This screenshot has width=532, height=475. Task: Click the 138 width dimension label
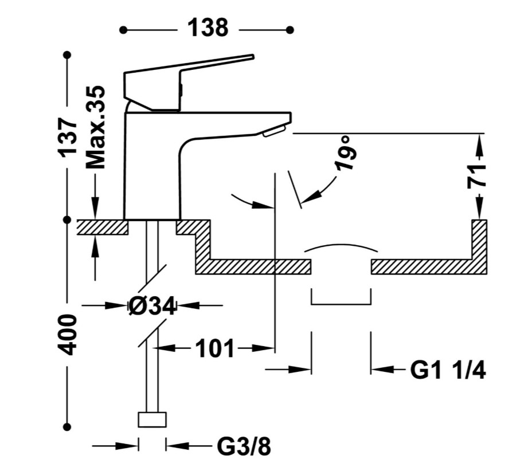[208, 28]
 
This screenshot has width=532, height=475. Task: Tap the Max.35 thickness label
[96, 127]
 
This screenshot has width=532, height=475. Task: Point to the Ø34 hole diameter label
[152, 306]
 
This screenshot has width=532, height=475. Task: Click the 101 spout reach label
[216, 348]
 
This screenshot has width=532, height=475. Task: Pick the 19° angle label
[345, 153]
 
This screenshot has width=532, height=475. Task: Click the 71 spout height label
[477, 176]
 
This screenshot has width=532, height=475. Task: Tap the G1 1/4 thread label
[448, 370]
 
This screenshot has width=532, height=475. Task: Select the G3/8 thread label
[244, 447]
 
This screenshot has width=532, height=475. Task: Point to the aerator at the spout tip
[274, 131]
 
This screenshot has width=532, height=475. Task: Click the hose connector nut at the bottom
[152, 420]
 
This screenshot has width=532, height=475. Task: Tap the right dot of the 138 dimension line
[290, 30]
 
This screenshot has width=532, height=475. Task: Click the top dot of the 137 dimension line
[68, 54]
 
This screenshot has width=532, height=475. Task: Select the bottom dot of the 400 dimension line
[68, 427]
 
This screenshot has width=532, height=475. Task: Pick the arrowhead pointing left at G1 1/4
[382, 369]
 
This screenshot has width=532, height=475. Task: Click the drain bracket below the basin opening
[341, 304]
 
